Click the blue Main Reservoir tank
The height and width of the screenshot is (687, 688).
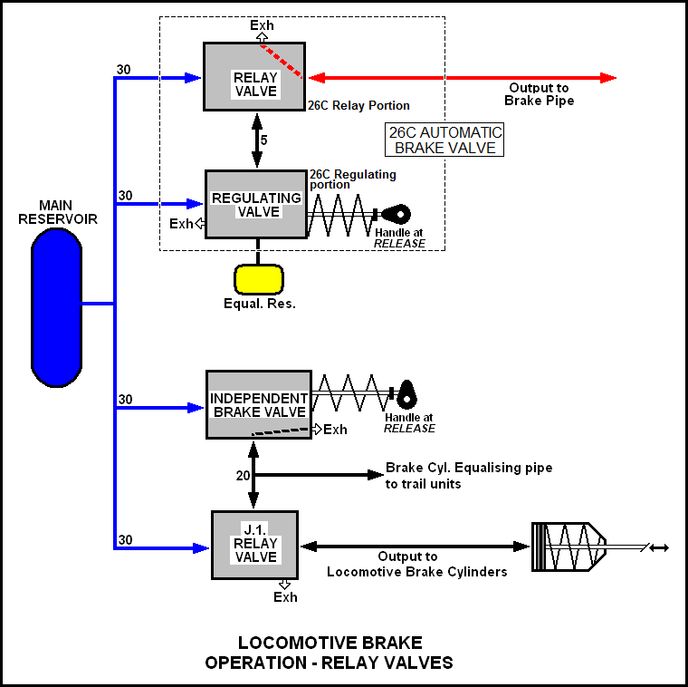pos(56,305)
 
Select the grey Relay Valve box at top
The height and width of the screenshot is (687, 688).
pos(254,77)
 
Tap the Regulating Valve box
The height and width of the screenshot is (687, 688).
pos(256,204)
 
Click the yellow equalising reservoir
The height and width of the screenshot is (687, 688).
pos(259,278)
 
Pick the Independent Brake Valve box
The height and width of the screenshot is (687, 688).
pos(259,405)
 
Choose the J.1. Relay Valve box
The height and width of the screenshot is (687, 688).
pos(255,545)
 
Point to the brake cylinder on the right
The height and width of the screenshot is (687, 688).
pos(567,547)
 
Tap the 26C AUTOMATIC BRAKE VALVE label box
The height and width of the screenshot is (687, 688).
pos(445,140)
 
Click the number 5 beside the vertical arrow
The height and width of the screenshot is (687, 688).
pos(263,140)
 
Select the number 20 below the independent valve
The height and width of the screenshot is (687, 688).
pos(243,475)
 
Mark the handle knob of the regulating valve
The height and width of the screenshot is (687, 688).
pos(397,215)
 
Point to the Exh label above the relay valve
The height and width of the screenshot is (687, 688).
pos(262,25)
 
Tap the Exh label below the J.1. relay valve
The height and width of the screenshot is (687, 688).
pos(285,596)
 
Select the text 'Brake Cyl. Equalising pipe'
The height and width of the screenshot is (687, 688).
pos(469,468)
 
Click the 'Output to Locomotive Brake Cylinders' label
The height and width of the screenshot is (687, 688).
pos(416,564)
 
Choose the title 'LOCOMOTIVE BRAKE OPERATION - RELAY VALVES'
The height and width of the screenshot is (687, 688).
pos(329,653)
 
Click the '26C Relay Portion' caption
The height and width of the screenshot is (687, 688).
pos(358,105)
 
